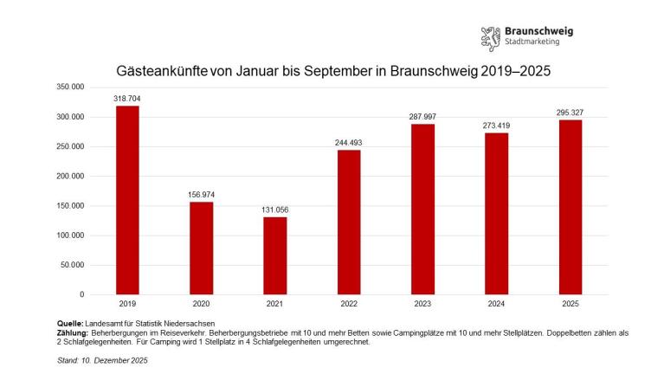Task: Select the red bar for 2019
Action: click(127, 200)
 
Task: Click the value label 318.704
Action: click(127, 99)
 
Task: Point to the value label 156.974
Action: click(201, 195)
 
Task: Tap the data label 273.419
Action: click(496, 126)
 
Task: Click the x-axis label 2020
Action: click(201, 305)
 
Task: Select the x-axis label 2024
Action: click(496, 305)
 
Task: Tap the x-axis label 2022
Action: click(349, 305)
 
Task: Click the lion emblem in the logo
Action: click(490, 38)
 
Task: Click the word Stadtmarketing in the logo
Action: click(532, 42)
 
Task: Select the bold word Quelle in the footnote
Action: click(70, 322)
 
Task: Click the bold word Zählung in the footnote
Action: click(73, 332)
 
